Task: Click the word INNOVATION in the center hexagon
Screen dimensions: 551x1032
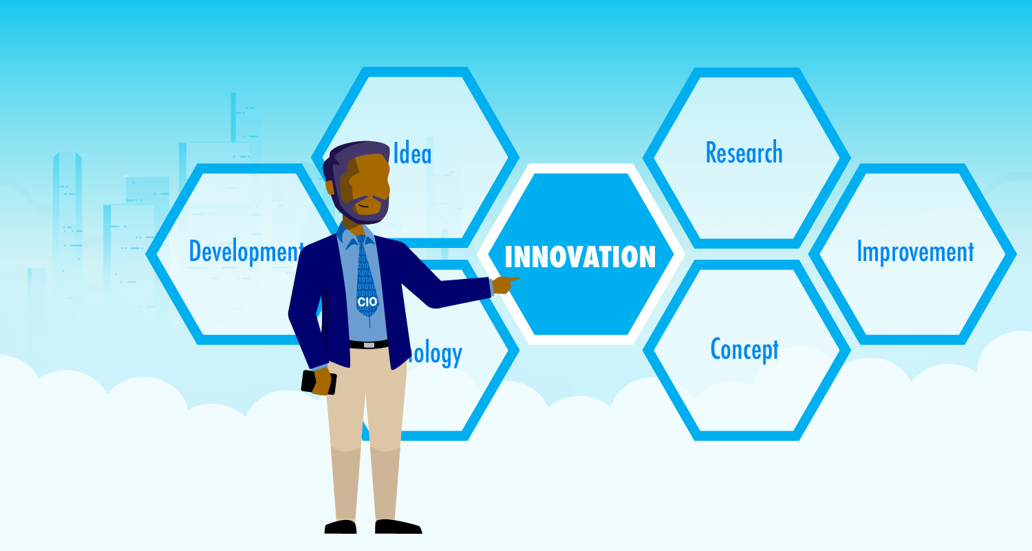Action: click(580, 257)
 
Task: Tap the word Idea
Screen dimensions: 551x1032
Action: click(412, 154)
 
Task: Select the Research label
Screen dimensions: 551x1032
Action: click(744, 153)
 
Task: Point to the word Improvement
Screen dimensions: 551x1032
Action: click(915, 252)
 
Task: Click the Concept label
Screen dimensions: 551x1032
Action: click(744, 349)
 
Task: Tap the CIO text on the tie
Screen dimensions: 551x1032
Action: click(367, 302)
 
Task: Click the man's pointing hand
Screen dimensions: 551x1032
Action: click(506, 283)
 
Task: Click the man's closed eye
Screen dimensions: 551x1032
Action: click(364, 187)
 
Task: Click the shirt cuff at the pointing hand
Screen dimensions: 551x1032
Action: click(491, 287)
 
